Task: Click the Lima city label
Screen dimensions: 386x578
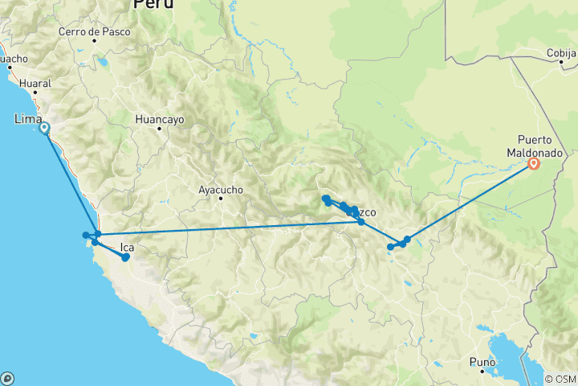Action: click(29, 119)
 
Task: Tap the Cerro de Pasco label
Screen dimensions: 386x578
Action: click(89, 33)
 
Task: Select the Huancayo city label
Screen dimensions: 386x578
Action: click(160, 118)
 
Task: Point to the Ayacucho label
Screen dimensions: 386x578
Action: click(220, 190)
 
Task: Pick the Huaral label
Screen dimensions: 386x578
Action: click(35, 83)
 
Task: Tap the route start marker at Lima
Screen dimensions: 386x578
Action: click(44, 128)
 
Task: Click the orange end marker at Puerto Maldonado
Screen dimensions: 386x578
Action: click(534, 165)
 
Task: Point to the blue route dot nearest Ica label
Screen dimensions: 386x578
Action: click(125, 257)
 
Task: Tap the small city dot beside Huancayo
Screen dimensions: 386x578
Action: click(159, 129)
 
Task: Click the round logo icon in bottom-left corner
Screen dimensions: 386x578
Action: click(7, 378)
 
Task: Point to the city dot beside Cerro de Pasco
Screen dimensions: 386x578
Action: click(94, 42)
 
